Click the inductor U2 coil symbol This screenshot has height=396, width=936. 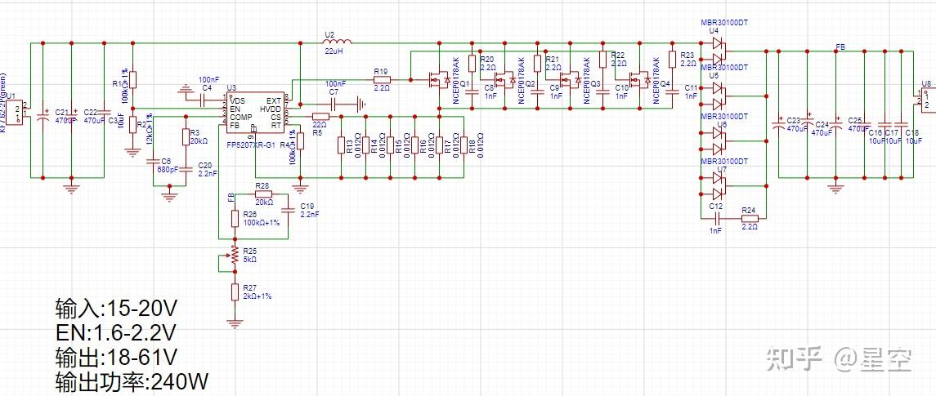click(x=335, y=42)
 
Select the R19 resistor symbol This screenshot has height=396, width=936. click(x=382, y=79)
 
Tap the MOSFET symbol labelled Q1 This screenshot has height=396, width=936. click(x=437, y=80)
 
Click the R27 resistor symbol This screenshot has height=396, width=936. click(x=235, y=291)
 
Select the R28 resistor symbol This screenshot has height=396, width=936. click(x=263, y=194)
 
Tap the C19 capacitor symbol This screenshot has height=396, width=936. click(x=289, y=208)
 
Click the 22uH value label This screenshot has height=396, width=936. click(x=333, y=51)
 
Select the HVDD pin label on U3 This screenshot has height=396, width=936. click(x=271, y=109)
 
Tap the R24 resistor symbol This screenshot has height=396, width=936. click(x=749, y=218)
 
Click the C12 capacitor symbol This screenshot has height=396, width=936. click(x=716, y=218)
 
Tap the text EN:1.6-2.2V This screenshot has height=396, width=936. click(x=115, y=332)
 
